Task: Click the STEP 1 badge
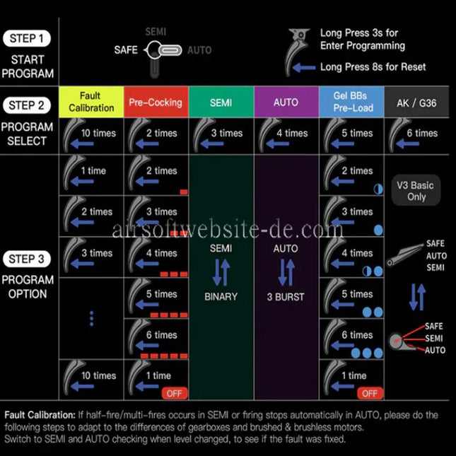coord(26,38)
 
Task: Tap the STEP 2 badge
coord(26,105)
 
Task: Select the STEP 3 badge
coord(26,259)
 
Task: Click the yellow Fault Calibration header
coord(91,102)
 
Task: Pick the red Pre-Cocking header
coord(156,102)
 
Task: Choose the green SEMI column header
coord(221,102)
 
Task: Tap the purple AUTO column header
coord(286,102)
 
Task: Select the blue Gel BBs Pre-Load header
coord(351,102)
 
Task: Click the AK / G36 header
coord(416,103)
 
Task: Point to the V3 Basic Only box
coord(416,190)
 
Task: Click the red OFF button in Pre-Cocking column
coord(175,393)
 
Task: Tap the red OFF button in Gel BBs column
coord(370,393)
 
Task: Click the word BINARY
coord(221,297)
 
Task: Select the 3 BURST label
coord(286,297)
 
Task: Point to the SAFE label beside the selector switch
coord(126,50)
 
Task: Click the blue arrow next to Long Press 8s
coord(304,68)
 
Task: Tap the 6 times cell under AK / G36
coord(416,136)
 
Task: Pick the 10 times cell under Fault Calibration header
coord(91,136)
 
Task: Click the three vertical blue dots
coord(92,318)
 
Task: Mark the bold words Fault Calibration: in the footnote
coord(40,415)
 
